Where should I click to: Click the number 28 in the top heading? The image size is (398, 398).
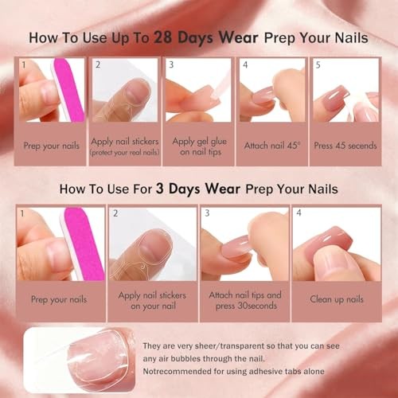click(x=163, y=37)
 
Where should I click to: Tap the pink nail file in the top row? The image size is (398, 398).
click(x=69, y=90)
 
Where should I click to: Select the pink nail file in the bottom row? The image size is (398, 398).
click(x=83, y=244)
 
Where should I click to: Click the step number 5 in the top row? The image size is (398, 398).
click(x=318, y=65)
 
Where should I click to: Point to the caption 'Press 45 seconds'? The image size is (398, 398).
click(x=345, y=146)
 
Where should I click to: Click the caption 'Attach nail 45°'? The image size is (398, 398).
click(x=272, y=146)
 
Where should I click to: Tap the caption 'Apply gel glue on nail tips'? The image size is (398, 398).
click(x=200, y=146)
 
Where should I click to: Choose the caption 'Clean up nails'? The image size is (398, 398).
click(x=337, y=299)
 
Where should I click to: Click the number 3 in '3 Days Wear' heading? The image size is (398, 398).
click(x=159, y=189)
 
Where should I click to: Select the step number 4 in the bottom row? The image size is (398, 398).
click(x=298, y=213)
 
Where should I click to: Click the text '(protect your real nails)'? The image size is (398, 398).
click(x=125, y=153)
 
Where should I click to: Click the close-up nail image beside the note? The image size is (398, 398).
click(x=79, y=360)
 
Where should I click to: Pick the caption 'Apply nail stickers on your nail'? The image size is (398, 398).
click(x=152, y=300)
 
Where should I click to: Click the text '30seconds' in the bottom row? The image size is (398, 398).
click(x=257, y=306)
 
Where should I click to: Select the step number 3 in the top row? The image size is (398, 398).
click(x=171, y=64)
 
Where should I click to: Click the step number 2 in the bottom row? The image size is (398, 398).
click(x=115, y=213)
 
